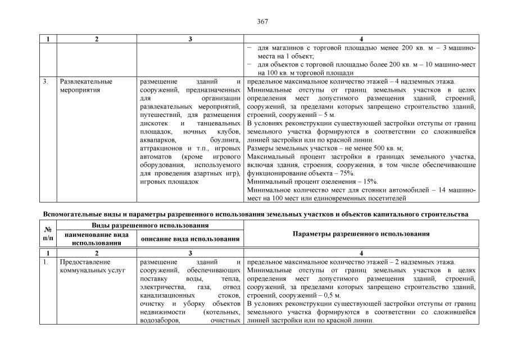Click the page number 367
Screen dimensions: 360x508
pos(262,22)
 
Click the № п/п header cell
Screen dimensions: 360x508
pos(48,233)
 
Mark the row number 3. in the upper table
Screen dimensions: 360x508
pos(46,82)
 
